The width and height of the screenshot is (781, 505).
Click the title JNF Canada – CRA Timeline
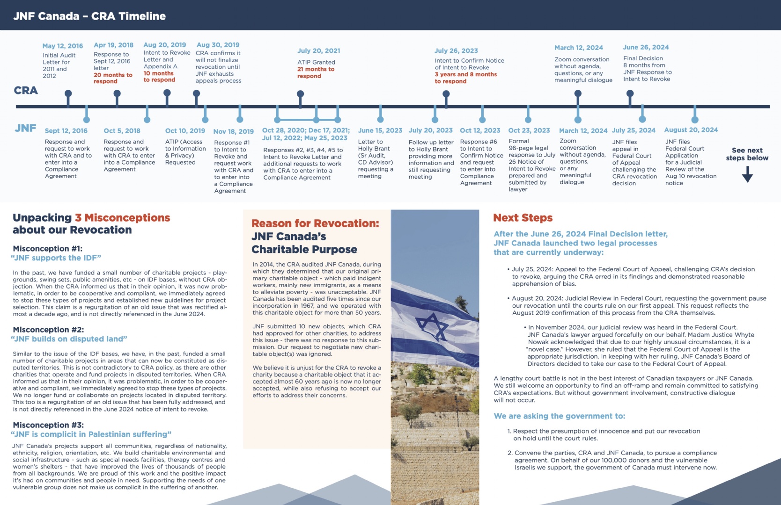point(89,16)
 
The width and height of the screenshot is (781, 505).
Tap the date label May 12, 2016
point(63,46)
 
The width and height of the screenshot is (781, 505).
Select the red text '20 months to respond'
point(113,78)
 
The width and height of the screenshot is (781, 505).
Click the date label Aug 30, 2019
point(218,45)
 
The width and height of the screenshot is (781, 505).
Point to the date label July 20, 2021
point(318,50)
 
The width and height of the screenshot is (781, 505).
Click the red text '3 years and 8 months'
point(465,74)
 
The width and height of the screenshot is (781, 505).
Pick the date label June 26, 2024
point(646,47)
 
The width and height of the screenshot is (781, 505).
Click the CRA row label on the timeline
point(26,90)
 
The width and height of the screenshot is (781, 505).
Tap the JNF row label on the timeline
point(26,128)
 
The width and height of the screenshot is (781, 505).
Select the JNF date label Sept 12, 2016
point(66,131)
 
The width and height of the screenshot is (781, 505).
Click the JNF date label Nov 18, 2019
point(233,132)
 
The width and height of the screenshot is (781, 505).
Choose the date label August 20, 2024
point(691,130)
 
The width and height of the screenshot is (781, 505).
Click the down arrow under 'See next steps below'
point(747,174)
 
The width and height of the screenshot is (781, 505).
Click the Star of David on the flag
point(433,326)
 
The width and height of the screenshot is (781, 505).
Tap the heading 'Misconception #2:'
point(48,330)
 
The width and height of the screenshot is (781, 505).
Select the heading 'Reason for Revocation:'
point(315,224)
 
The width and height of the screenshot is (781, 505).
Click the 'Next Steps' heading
point(523,218)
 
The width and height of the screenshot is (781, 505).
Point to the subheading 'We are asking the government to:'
point(559,416)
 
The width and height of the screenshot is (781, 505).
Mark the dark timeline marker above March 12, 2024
point(578,94)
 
